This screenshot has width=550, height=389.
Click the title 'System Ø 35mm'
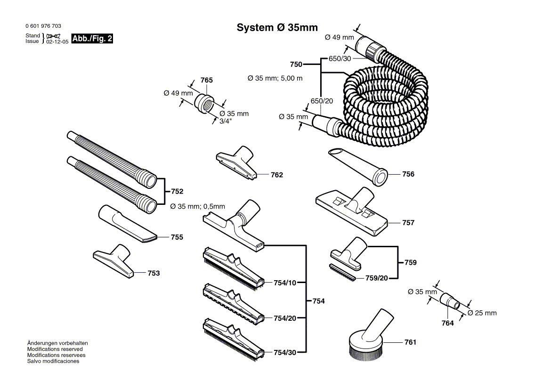[277, 28]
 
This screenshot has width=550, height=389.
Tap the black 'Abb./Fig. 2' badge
[92, 39]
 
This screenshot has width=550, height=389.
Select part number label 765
[206, 80]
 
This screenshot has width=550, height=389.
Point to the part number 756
[408, 174]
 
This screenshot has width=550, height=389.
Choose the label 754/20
[285, 318]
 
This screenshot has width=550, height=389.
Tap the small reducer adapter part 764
[450, 301]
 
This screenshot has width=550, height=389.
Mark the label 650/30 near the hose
[340, 58]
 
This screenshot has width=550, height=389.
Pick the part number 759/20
[376, 278]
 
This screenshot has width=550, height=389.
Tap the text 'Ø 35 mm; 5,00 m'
[275, 78]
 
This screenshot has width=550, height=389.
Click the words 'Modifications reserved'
[55, 349]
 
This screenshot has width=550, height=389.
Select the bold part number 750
[296, 64]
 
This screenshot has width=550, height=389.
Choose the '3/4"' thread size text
[226, 121]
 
